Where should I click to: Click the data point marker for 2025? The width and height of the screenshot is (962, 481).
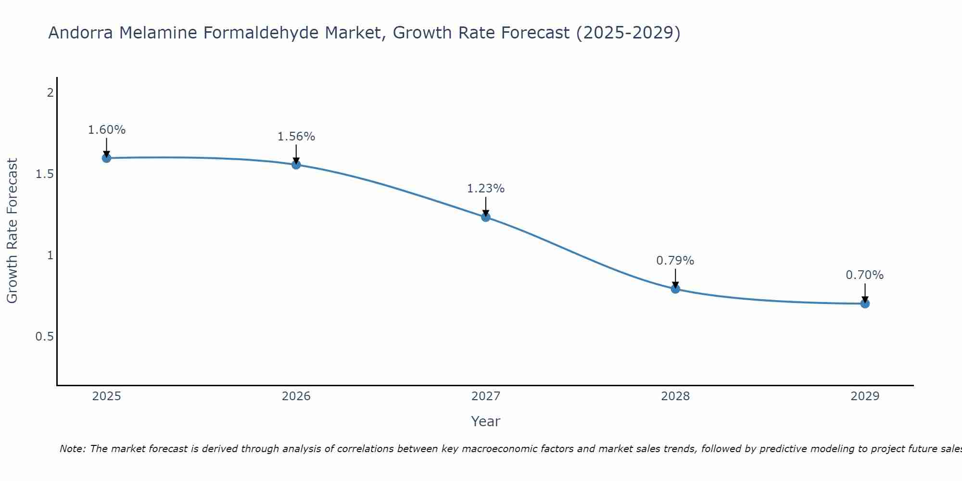pos(107,158)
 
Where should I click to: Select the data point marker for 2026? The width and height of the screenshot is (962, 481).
pos(296,165)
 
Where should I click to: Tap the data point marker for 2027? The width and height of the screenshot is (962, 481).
pos(486,217)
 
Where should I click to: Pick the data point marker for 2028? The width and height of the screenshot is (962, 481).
pos(675,289)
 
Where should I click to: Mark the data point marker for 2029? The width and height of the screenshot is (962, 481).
pos(865,304)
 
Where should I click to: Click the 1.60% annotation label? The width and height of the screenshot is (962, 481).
pos(107,130)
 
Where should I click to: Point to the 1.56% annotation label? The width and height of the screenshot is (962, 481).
pos(296,137)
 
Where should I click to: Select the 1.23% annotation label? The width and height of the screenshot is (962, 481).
pos(486,189)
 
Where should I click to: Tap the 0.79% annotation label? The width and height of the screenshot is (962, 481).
pos(675,261)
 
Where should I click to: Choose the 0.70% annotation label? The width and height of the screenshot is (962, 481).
pos(865,275)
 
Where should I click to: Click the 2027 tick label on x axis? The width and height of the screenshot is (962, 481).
pos(486,396)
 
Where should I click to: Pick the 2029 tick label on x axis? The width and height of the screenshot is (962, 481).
pos(865,396)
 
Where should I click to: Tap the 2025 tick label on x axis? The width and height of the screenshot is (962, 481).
pos(107,396)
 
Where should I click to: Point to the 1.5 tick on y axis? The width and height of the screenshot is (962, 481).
pos(44,174)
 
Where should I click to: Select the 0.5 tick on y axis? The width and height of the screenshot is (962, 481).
pos(44,337)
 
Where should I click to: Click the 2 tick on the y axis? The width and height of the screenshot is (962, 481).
pos(50,93)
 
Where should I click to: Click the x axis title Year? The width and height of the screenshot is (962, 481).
pos(486,421)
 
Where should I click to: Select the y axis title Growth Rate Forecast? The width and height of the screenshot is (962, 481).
pos(13,231)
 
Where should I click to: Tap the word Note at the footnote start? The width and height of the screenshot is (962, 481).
pos(72,449)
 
